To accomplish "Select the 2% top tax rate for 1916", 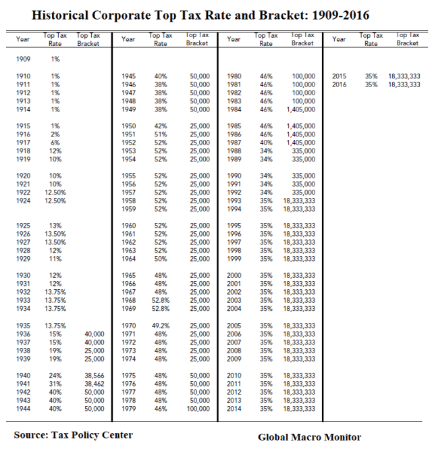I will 55,134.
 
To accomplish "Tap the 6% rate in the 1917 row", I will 55,143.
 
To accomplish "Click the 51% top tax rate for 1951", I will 161,134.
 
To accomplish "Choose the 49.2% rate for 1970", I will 161,326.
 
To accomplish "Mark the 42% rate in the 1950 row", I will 161,126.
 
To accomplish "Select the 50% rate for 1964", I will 161,259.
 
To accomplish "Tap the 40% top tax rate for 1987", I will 266,143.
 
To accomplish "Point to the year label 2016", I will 340,84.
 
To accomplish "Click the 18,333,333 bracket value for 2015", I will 404,76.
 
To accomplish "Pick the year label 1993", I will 234,201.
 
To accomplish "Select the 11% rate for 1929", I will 55,259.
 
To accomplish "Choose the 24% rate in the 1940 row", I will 55,376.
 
